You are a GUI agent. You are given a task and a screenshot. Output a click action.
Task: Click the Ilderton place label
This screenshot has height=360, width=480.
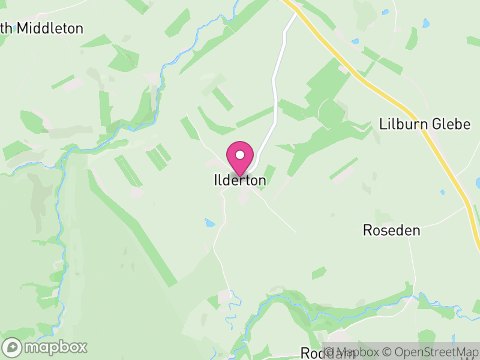(239, 180)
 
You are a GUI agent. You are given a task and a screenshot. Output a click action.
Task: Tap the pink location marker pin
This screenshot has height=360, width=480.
(240, 158)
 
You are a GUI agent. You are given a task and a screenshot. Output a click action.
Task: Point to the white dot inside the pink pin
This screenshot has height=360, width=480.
(240, 155)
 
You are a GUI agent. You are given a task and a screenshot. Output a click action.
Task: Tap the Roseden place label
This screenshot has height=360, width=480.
(391, 230)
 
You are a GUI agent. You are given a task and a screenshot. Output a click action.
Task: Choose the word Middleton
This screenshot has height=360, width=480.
(50, 28)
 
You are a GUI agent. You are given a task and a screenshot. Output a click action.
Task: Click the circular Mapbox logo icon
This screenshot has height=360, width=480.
(12, 347)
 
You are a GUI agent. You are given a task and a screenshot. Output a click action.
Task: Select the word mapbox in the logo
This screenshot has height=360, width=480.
(55, 347)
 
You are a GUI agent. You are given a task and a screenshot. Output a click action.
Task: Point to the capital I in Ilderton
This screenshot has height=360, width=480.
(215, 180)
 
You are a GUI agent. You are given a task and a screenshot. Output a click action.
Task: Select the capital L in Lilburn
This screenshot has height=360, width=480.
(383, 124)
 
